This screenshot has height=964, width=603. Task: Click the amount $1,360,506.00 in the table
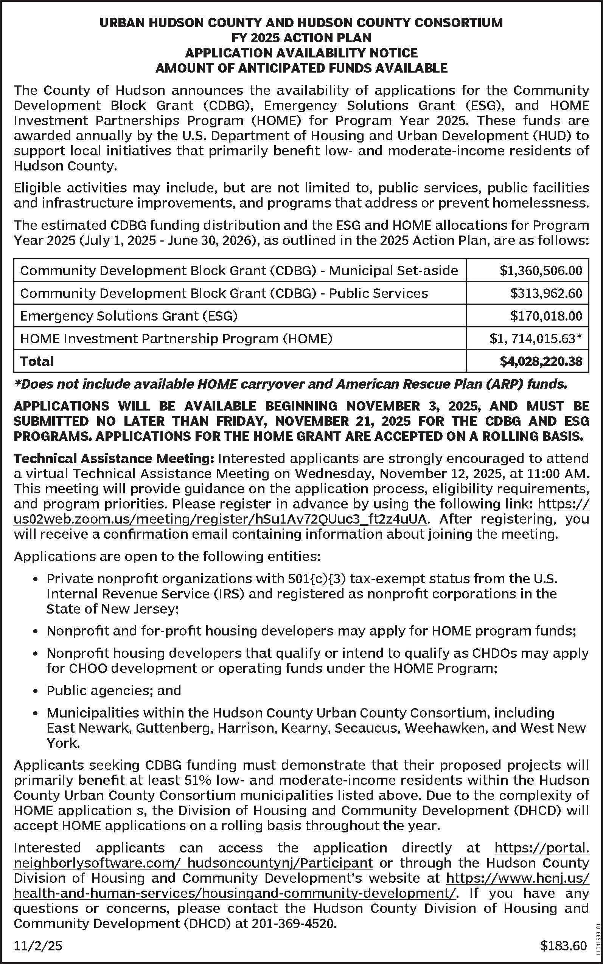pyautogui.click(x=541, y=271)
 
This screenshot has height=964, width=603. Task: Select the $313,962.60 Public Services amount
pyautogui.click(x=546, y=293)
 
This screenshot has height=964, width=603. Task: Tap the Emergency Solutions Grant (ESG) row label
pyautogui.click(x=129, y=316)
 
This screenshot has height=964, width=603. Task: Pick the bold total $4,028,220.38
pyautogui.click(x=541, y=361)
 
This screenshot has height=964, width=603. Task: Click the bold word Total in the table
pyautogui.click(x=37, y=361)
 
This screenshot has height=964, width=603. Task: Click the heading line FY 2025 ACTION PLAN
pyautogui.click(x=301, y=38)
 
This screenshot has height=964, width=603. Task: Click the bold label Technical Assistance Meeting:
pyautogui.click(x=114, y=459)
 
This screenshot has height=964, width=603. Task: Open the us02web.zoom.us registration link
pyautogui.click(x=220, y=519)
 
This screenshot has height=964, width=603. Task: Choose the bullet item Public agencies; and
pyautogui.click(x=113, y=690)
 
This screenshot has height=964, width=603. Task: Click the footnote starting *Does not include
pyautogui.click(x=290, y=384)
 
